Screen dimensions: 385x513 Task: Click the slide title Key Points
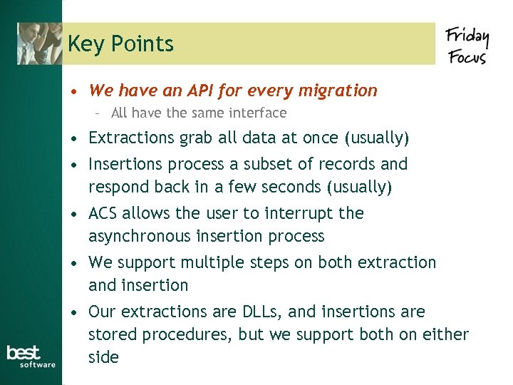[x=120, y=44]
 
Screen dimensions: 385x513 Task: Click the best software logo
[x=31, y=356]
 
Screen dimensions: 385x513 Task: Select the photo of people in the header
[x=40, y=43]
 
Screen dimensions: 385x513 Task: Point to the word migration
[x=339, y=91]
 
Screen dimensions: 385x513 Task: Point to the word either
[x=447, y=334]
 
